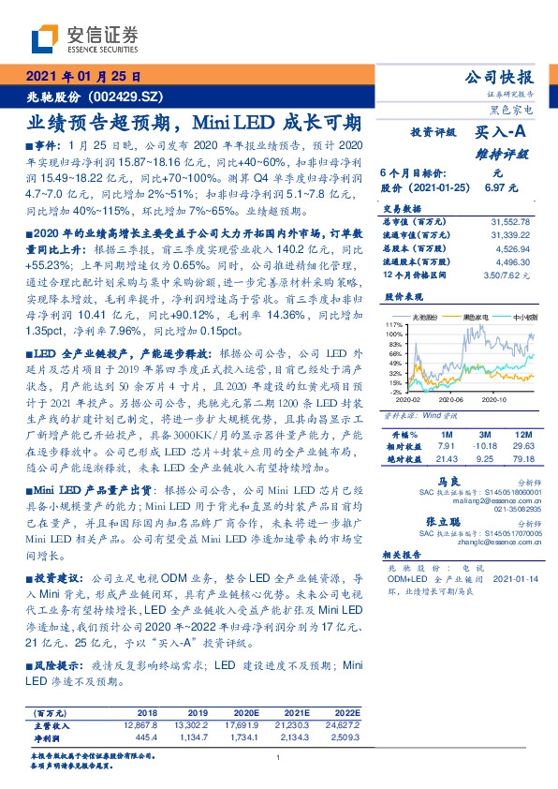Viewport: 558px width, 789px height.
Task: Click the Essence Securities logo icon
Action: [x=47, y=38]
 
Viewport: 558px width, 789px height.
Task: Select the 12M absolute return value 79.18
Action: [x=523, y=460]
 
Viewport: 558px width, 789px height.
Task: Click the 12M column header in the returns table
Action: [x=523, y=436]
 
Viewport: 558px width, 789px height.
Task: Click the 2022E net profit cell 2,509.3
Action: [x=344, y=737]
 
